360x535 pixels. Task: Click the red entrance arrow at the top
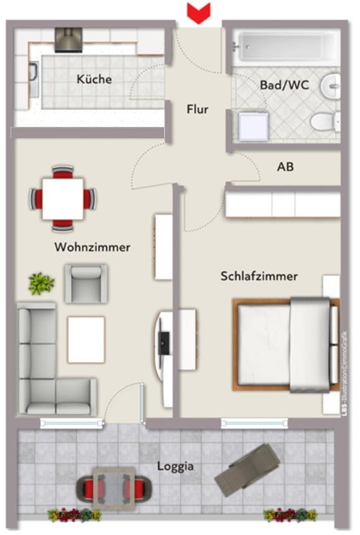(x=199, y=12)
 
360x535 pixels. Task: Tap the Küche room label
(x=95, y=79)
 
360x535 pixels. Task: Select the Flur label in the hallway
(x=198, y=109)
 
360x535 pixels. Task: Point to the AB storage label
(x=285, y=167)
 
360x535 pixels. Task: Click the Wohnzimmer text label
(x=93, y=247)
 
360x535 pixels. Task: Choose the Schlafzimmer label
(x=259, y=276)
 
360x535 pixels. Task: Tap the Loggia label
(x=175, y=465)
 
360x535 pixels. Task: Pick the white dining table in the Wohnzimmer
(x=63, y=198)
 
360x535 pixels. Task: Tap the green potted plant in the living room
(x=42, y=284)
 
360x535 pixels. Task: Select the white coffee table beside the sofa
(x=86, y=339)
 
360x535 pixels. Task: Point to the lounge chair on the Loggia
(x=247, y=470)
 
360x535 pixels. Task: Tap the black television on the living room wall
(x=164, y=342)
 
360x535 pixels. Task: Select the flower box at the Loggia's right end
(x=290, y=514)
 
